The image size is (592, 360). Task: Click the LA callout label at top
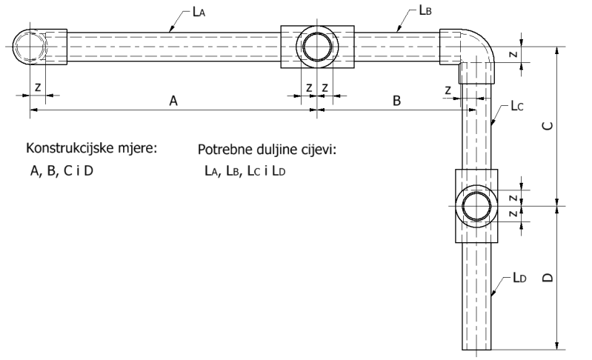(x=199, y=12)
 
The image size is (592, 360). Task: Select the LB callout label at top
(x=425, y=10)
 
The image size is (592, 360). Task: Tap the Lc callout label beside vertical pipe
(x=517, y=106)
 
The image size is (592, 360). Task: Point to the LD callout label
(x=519, y=278)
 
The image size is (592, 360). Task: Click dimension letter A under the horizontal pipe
(x=173, y=101)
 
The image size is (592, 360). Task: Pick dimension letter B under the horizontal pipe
(x=396, y=101)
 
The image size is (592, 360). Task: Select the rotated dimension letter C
(x=548, y=126)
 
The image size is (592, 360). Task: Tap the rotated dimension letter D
(x=548, y=277)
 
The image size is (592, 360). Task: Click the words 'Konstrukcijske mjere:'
(x=91, y=148)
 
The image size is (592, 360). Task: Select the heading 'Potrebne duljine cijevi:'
(x=267, y=150)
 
